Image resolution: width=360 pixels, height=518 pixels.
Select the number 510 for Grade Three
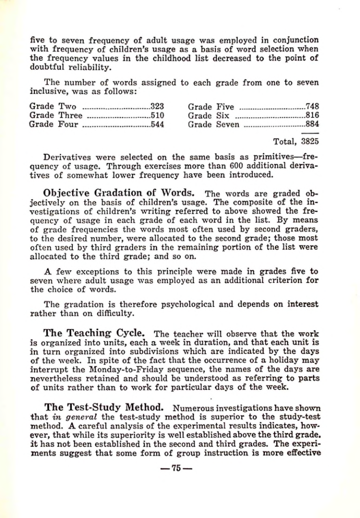(x=157, y=115)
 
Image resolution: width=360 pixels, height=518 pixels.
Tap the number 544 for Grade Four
(x=157, y=124)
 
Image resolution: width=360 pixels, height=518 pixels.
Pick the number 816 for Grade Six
(x=312, y=115)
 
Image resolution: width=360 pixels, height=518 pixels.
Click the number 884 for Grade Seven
(x=312, y=124)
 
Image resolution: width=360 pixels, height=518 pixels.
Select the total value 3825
(x=310, y=142)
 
